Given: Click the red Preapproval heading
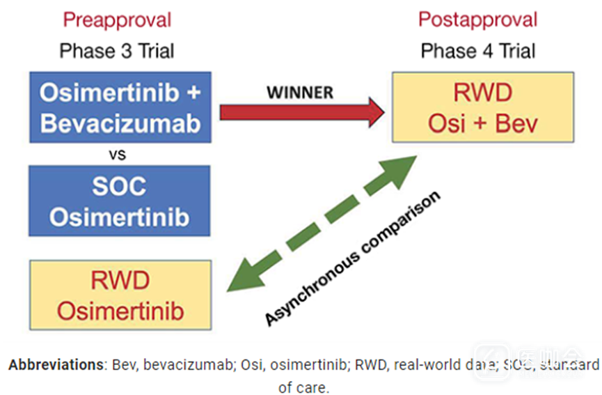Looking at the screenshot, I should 117,20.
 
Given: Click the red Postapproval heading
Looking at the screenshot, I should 477,20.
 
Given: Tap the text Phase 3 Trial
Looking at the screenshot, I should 117,51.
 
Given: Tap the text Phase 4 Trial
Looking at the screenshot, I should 477,51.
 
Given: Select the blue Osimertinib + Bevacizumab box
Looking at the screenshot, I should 120,107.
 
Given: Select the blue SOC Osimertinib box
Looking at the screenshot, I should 120,201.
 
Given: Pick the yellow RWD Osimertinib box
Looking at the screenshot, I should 120,295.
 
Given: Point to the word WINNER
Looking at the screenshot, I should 300,91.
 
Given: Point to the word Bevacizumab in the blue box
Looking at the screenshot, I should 120,123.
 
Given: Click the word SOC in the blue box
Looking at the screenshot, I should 120,186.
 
